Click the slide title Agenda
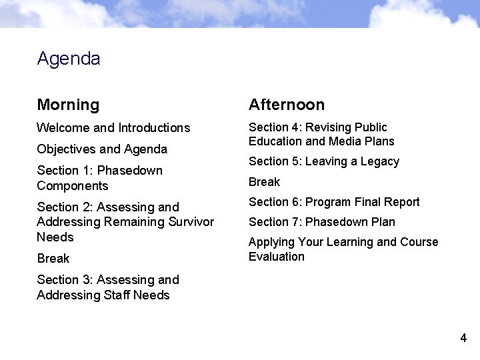pyautogui.click(x=69, y=59)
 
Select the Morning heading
pyautogui.click(x=68, y=105)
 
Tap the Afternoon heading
pyautogui.click(x=287, y=105)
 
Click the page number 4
pyautogui.click(x=463, y=339)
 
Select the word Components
pyautogui.click(x=72, y=186)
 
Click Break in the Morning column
pyautogui.click(x=53, y=259)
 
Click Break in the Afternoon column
pyautogui.click(x=265, y=182)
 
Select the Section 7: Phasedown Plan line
pyautogui.click(x=322, y=222)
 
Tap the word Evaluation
pyautogui.click(x=277, y=257)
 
